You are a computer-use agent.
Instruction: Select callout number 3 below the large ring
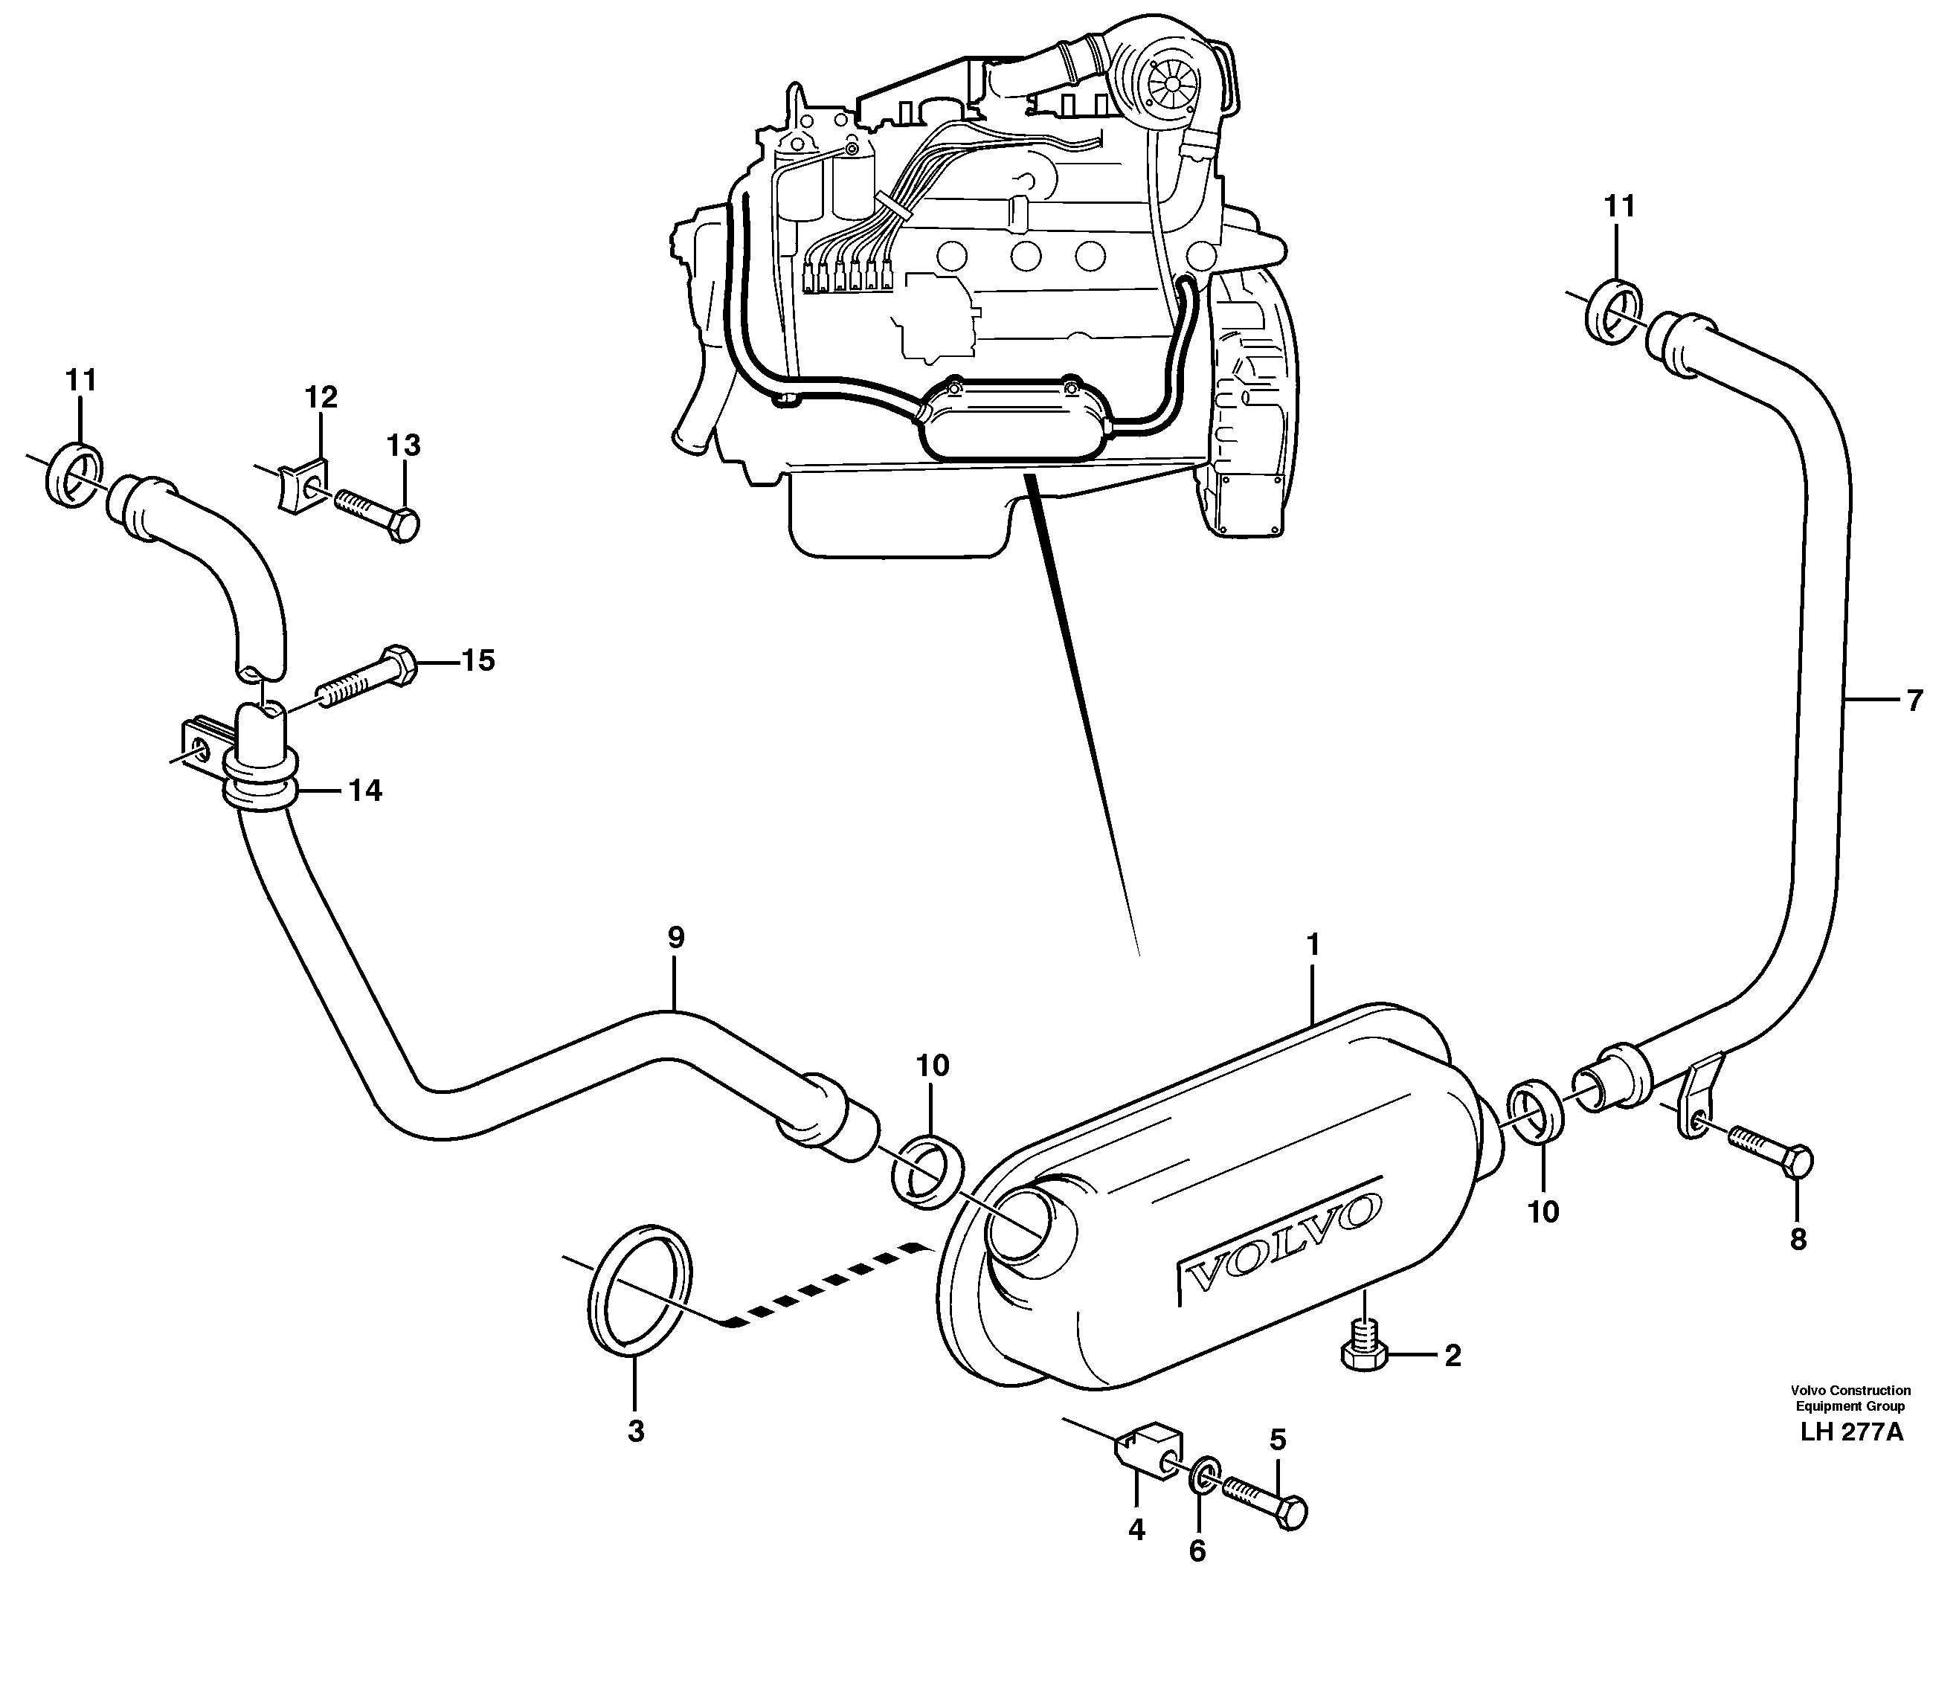coord(636,1432)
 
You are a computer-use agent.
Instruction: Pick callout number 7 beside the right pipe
coord(1914,701)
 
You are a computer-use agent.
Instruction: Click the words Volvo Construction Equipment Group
coord(1850,1398)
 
